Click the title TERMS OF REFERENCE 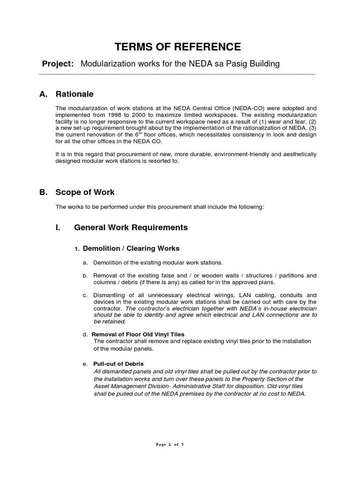point(178,47)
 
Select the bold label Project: point(58,64)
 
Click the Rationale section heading point(75,94)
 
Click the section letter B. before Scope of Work point(44,192)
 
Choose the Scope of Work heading point(85,192)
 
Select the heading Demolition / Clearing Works point(131,248)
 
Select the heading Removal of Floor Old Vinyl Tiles point(138,334)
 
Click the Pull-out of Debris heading point(118,364)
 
